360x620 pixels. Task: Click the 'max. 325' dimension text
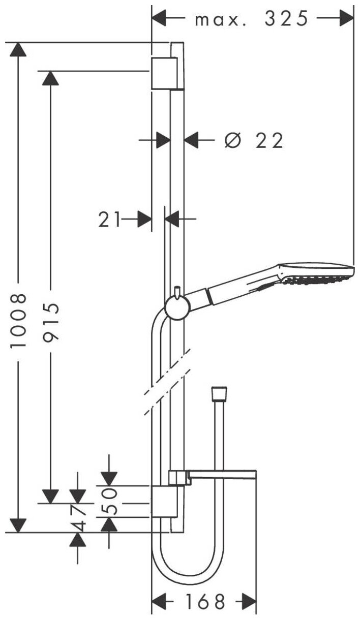(x=252, y=19)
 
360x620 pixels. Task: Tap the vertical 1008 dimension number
(x=19, y=320)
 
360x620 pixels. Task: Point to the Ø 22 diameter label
(x=253, y=140)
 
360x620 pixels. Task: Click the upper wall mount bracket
(x=164, y=73)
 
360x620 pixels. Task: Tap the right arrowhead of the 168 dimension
(x=249, y=602)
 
